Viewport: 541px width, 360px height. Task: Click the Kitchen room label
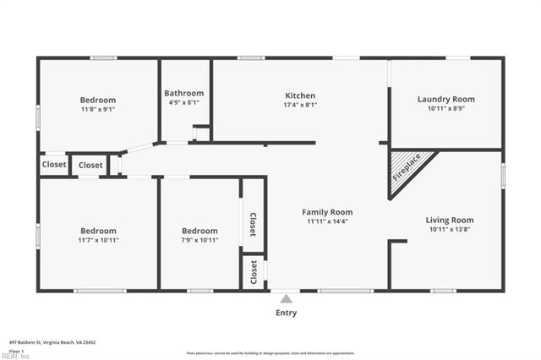click(300, 95)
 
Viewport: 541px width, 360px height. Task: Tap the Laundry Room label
click(445, 99)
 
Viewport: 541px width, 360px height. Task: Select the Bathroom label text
click(183, 93)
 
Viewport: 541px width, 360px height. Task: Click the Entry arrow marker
click(287, 298)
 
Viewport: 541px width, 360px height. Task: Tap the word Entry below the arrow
click(287, 313)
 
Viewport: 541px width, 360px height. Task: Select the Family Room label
click(327, 212)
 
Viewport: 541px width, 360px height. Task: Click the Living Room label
click(449, 220)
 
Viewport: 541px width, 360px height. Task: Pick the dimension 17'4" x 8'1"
click(300, 105)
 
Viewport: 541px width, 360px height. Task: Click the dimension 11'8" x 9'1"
click(98, 109)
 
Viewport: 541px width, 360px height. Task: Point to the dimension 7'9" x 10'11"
click(199, 240)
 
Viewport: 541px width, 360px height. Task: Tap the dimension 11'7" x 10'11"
click(98, 240)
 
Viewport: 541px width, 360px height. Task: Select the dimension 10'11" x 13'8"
click(449, 229)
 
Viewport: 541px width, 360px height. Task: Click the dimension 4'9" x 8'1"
click(183, 102)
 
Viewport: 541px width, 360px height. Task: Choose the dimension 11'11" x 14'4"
click(327, 221)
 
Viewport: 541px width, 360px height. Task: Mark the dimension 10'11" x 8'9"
click(445, 108)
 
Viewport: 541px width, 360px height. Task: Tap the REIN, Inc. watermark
click(15, 356)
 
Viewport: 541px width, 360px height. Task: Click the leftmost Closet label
click(54, 165)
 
